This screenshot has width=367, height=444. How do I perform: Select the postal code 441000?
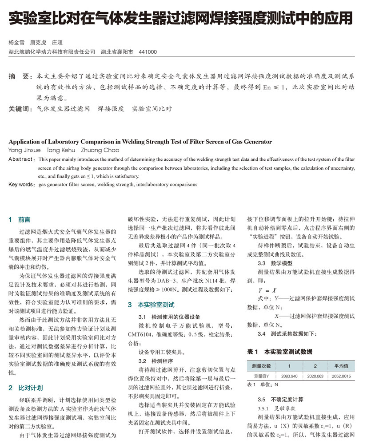[x=148, y=52]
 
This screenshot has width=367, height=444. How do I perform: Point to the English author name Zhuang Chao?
[x=100, y=151]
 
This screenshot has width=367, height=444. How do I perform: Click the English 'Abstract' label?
[x=21, y=159]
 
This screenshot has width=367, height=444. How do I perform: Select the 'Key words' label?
[x=21, y=184]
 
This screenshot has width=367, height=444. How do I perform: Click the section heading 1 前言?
[x=20, y=219]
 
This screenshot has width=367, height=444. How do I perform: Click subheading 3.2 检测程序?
[x=149, y=361]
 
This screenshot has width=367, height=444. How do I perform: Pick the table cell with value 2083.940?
[x=289, y=376]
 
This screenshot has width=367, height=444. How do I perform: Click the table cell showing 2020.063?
[x=315, y=376]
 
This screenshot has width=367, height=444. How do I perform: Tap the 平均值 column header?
[x=341, y=366]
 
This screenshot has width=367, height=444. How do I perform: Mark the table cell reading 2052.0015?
[x=341, y=376]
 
